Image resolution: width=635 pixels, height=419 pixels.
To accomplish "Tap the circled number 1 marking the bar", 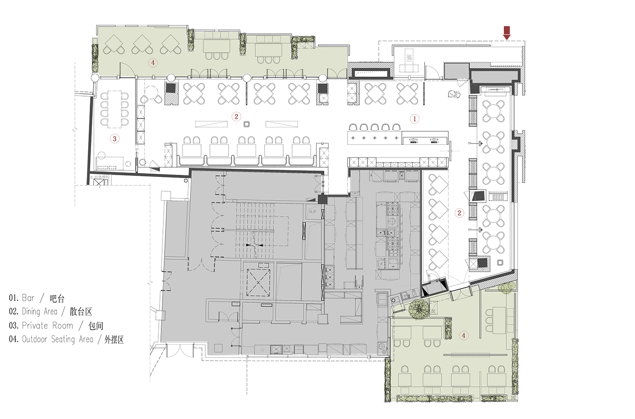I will pyautogui.click(x=415, y=119).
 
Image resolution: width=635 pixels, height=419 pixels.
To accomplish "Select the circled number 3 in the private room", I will pyautogui.click(x=114, y=138).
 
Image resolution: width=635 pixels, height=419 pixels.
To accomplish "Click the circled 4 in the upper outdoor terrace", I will pyautogui.click(x=153, y=63).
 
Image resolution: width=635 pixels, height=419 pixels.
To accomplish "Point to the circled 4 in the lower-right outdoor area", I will pyautogui.click(x=464, y=336).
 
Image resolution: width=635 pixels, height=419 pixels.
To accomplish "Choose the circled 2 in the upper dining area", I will pyautogui.click(x=236, y=116).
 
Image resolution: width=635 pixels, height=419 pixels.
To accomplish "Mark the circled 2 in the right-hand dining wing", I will pyautogui.click(x=459, y=213).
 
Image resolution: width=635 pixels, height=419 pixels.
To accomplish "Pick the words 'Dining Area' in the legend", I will pyautogui.click(x=39, y=311).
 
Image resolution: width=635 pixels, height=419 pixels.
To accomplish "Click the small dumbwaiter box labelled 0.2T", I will pyautogui.click(x=99, y=182).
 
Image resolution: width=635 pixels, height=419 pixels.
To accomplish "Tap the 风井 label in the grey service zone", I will pyautogui.click(x=312, y=212).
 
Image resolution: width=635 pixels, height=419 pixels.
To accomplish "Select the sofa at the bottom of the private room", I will pyautogui.click(x=110, y=163).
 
